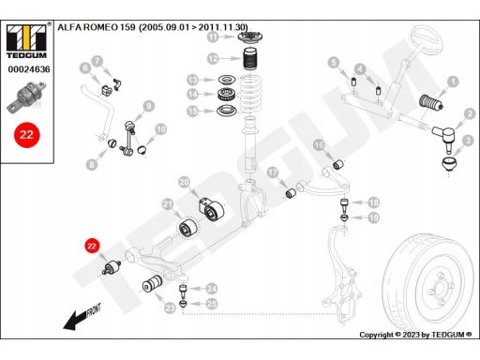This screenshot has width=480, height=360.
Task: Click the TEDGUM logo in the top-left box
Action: (x=26, y=41)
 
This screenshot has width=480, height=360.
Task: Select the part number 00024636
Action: (x=29, y=69)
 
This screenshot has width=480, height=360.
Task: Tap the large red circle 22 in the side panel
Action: (x=26, y=135)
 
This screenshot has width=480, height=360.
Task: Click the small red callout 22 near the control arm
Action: (x=91, y=247)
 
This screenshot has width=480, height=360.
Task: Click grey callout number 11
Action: (x=213, y=37)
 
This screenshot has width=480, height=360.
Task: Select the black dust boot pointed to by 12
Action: (x=251, y=59)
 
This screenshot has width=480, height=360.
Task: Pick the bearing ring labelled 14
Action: (x=226, y=95)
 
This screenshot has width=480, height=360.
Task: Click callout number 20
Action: (x=185, y=183)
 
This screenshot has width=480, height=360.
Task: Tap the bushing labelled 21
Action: (x=188, y=229)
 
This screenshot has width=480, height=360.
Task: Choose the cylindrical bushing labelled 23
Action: (x=153, y=283)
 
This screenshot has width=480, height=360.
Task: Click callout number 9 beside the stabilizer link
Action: (x=149, y=106)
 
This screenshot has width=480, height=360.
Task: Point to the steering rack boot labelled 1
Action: (x=429, y=102)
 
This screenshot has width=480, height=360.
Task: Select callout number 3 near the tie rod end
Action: (x=468, y=141)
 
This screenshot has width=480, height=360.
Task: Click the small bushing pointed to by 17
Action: (x=292, y=194)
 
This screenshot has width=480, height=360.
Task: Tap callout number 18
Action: (x=374, y=203)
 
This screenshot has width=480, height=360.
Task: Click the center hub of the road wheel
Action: (x=440, y=289)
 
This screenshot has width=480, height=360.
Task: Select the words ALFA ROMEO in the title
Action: (x=88, y=27)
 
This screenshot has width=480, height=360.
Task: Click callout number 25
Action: (x=212, y=304)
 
